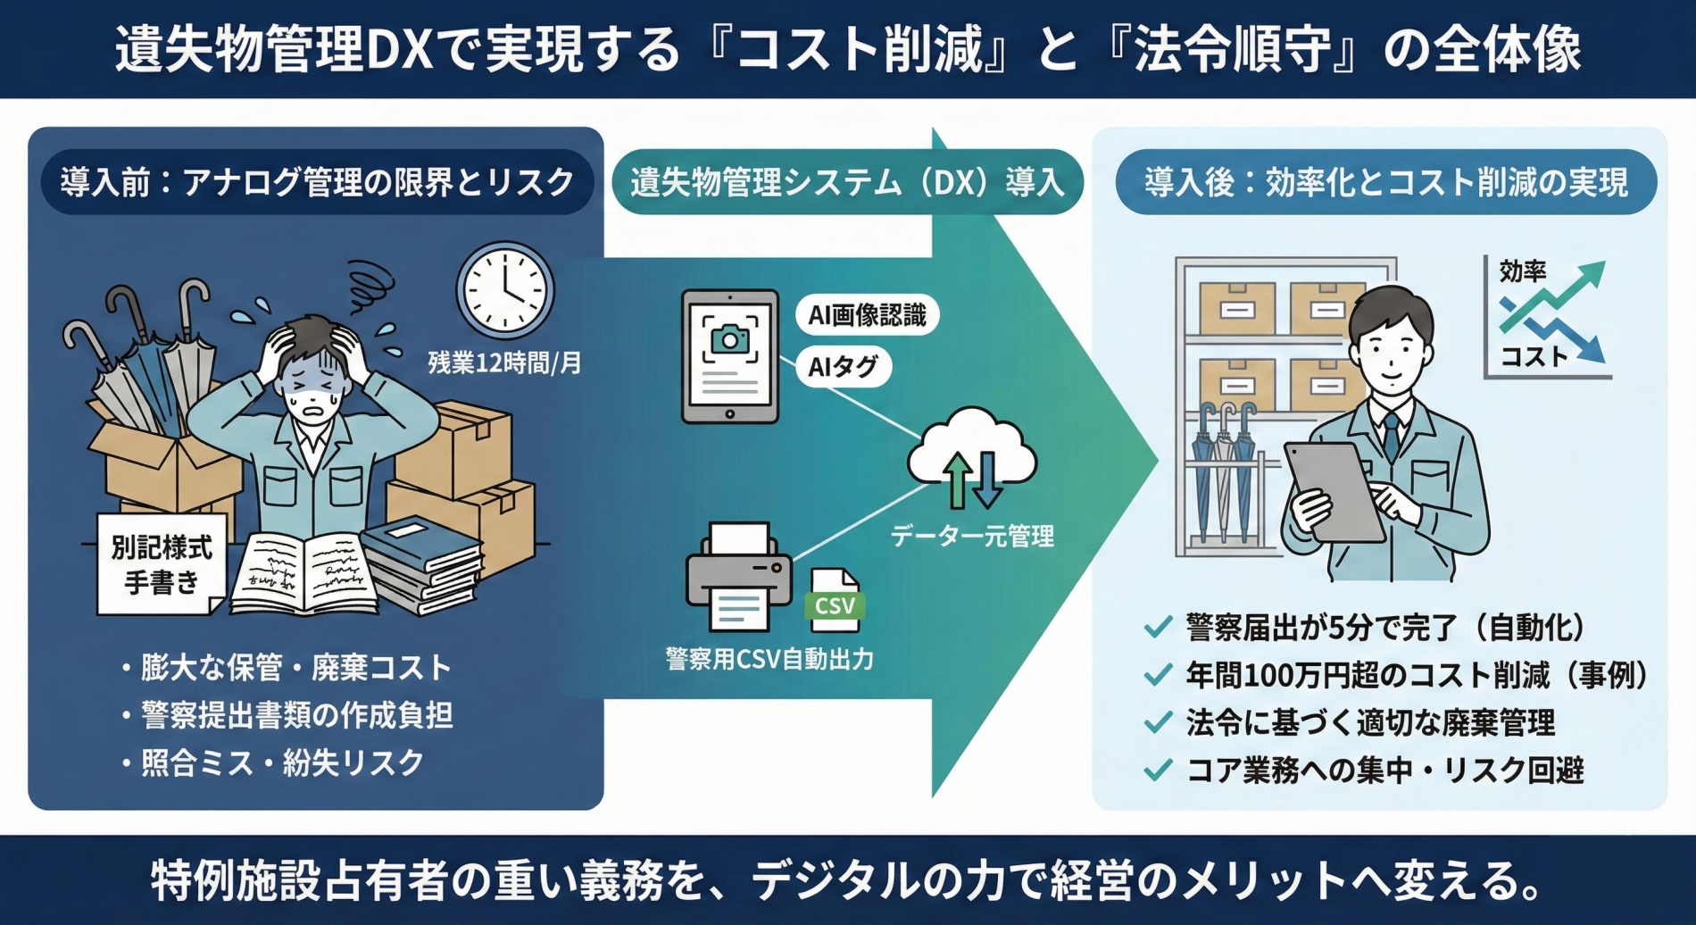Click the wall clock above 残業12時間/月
click(505, 289)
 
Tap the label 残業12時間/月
click(504, 363)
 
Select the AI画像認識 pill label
click(867, 315)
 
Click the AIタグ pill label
click(843, 366)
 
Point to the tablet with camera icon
click(730, 355)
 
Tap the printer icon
click(738, 576)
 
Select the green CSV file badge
click(835, 604)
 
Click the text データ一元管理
click(972, 536)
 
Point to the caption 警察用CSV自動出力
click(769, 659)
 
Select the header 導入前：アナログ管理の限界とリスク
click(317, 182)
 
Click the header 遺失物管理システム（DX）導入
click(847, 182)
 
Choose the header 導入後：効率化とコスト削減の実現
click(1385, 182)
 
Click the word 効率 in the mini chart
click(1522, 271)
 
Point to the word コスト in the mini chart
click(1533, 356)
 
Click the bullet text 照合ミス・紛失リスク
click(282, 762)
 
